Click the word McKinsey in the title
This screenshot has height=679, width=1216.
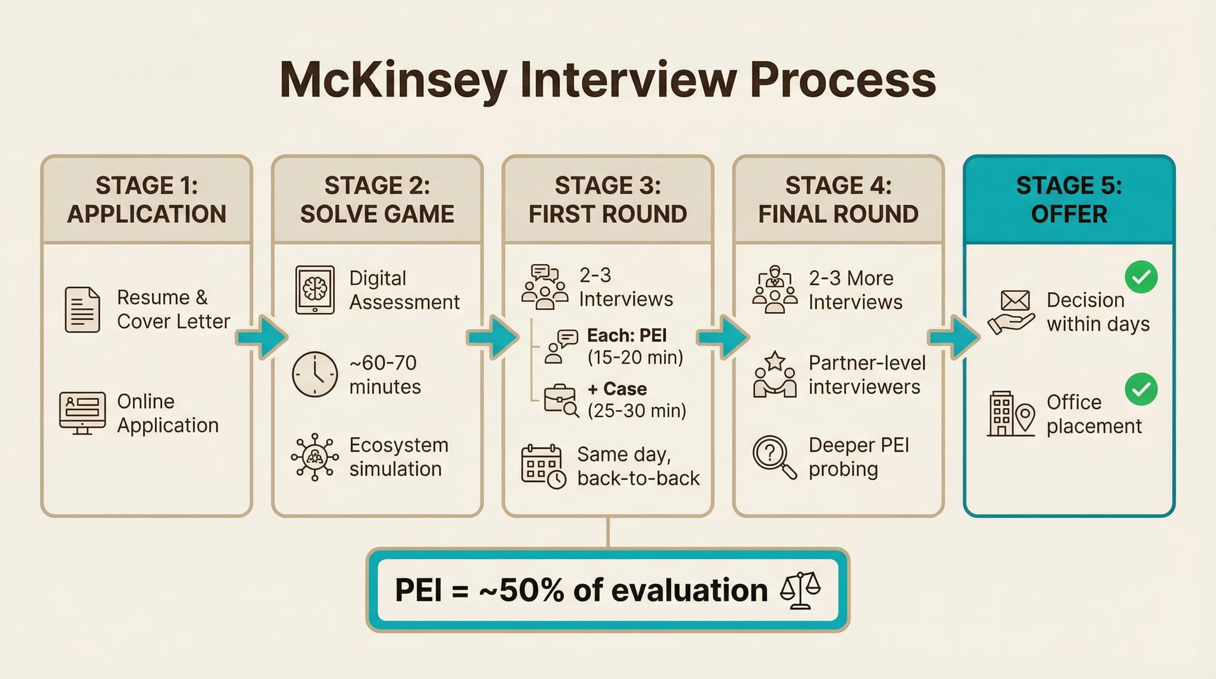pyautogui.click(x=393, y=80)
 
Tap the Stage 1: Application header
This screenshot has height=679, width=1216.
pyautogui.click(x=147, y=200)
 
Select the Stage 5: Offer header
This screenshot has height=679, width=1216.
pyautogui.click(x=1069, y=200)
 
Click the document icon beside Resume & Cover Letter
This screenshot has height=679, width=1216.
pyautogui.click(x=82, y=310)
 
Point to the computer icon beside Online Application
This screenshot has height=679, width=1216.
pyautogui.click(x=83, y=413)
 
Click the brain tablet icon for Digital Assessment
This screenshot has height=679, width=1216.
pyautogui.click(x=315, y=290)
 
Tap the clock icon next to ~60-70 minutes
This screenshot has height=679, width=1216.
pyautogui.click(x=315, y=374)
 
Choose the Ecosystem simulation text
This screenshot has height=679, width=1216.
pyautogui.click(x=398, y=457)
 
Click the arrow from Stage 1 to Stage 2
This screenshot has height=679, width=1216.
pyautogui.click(x=262, y=337)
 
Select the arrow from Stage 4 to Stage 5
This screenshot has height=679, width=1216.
pyautogui.click(x=954, y=337)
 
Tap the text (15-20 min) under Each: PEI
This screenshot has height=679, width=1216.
pyautogui.click(x=635, y=358)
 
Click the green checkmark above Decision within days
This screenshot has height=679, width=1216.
pyautogui.click(x=1141, y=277)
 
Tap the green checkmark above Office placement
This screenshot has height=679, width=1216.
pyautogui.click(x=1141, y=389)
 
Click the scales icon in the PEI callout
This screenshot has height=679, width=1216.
pyautogui.click(x=800, y=590)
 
